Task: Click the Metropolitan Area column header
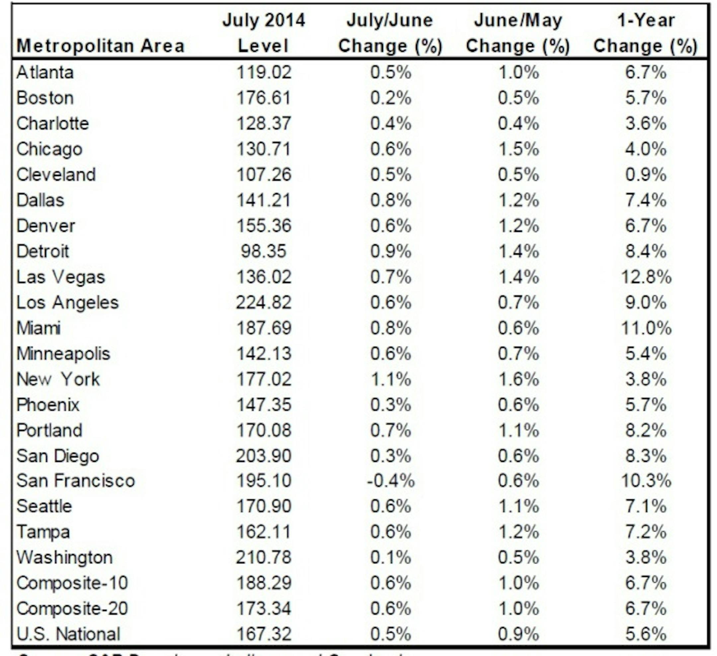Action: (101, 46)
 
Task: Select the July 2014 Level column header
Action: (264, 33)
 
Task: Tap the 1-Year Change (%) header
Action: (645, 33)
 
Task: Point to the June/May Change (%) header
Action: (518, 33)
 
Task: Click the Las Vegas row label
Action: (61, 277)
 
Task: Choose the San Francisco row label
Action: (76, 481)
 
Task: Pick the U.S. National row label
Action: (69, 634)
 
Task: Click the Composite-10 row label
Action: (72, 583)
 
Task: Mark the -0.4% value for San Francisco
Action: (390, 481)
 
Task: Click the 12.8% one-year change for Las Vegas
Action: (646, 277)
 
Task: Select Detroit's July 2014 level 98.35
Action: (264, 251)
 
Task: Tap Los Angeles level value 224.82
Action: (264, 303)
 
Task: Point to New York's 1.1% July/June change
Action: (390, 379)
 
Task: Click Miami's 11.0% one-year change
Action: (646, 328)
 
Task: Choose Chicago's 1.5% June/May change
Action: (518, 149)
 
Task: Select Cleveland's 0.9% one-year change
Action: (646, 174)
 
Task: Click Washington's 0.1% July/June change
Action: (390, 557)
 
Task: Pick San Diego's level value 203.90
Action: (264, 456)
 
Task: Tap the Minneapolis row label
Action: (63, 353)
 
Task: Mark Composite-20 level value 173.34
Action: (264, 608)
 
